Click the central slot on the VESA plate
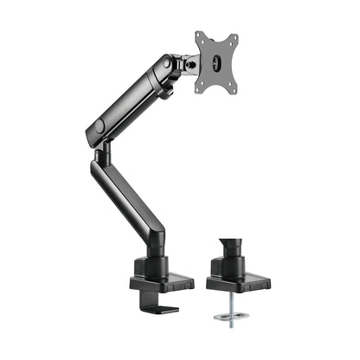[x=217, y=61]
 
